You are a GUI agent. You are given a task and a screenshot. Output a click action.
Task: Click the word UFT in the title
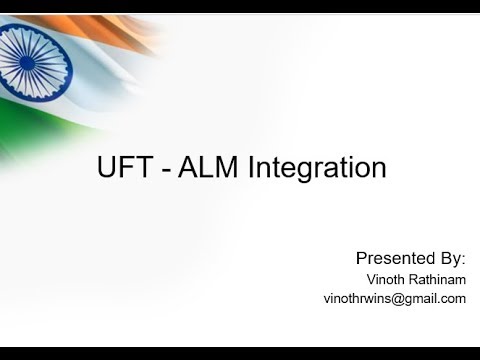coord(125,167)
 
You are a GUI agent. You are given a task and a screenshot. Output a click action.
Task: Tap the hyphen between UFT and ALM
coord(166,168)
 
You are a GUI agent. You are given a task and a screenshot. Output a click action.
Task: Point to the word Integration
coord(313,169)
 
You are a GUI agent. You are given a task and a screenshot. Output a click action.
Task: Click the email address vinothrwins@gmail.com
coord(395,298)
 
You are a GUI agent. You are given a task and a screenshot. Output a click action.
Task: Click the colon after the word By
coord(464,257)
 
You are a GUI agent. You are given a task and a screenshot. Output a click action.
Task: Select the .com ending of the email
coord(453,298)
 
